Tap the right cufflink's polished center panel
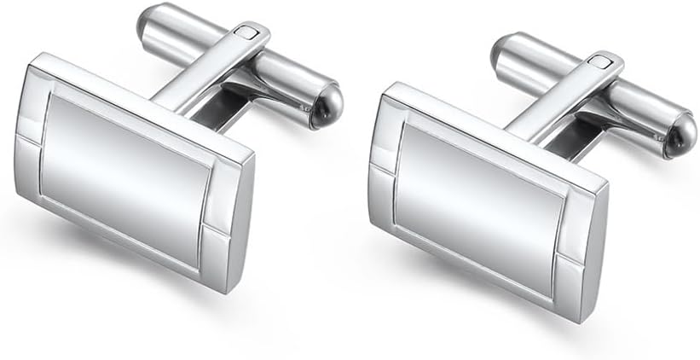coord(483,205)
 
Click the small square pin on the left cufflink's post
coord(248,33)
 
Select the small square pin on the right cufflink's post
coord(604,63)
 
